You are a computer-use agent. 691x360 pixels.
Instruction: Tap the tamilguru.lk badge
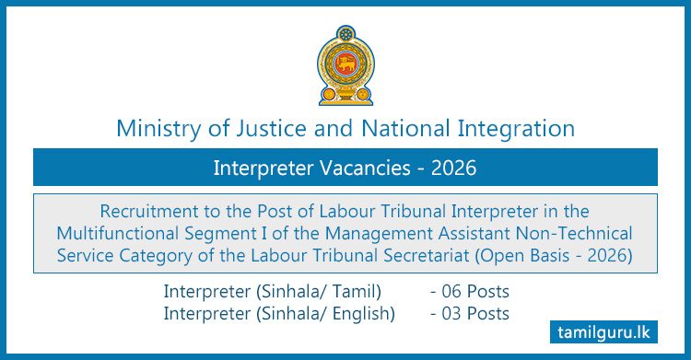(x=614, y=330)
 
